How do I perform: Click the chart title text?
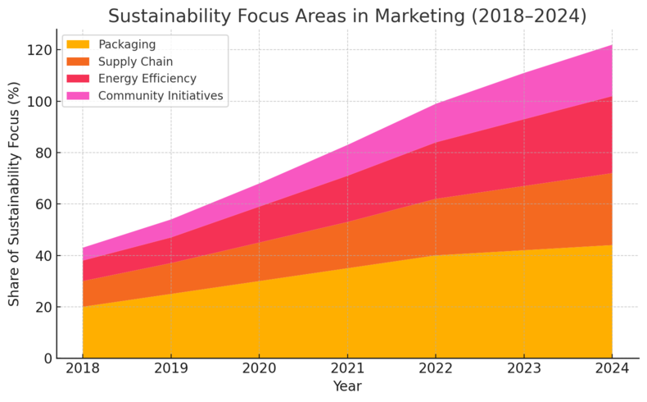pyautogui.click(x=347, y=16)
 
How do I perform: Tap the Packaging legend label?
pyautogui.click(x=126, y=44)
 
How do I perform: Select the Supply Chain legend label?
pyautogui.click(x=135, y=62)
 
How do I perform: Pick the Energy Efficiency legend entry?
pyautogui.click(x=147, y=79)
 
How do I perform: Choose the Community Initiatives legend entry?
pyautogui.click(x=160, y=96)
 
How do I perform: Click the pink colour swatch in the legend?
pyautogui.click(x=79, y=96)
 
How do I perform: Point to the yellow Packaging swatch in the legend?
pyautogui.click(x=79, y=44)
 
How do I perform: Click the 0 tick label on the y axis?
pyautogui.click(x=48, y=359)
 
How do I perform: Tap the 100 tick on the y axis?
pyautogui.click(x=39, y=102)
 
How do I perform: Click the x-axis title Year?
pyautogui.click(x=347, y=386)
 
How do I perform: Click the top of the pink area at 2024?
pyautogui.click(x=611, y=46)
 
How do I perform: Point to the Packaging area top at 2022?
pyautogui.click(x=435, y=255)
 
